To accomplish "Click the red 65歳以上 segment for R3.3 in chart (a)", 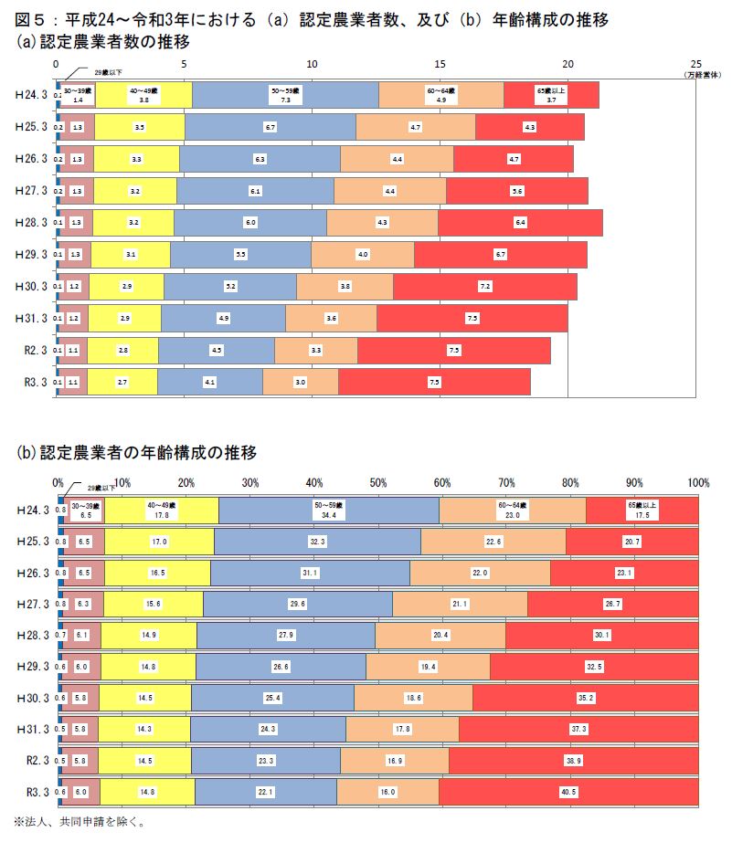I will pyautogui.click(x=434, y=382).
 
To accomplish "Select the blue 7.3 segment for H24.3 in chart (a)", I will pyautogui.click(x=285, y=95).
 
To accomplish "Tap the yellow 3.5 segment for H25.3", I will pyautogui.click(x=139, y=127).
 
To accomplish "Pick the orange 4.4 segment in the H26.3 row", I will pyautogui.click(x=397, y=159).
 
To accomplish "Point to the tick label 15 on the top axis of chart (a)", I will pyautogui.click(x=440, y=64).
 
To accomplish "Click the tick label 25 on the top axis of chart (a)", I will pyautogui.click(x=696, y=64).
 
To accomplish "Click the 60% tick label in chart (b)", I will pyautogui.click(x=442, y=482).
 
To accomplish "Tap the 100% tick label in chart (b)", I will pyautogui.click(x=698, y=482).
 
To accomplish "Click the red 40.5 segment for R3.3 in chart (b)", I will pyautogui.click(x=568, y=792).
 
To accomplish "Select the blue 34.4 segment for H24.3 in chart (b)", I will pyautogui.click(x=329, y=510).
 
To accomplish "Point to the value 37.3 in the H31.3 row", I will pyautogui.click(x=578, y=729).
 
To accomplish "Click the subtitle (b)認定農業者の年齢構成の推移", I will pyautogui.click(x=136, y=452).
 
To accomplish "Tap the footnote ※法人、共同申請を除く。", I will pyautogui.click(x=79, y=821).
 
